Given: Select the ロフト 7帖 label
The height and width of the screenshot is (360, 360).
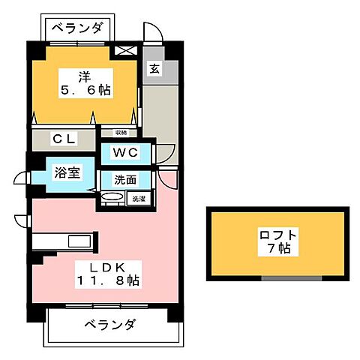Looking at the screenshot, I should (277, 241).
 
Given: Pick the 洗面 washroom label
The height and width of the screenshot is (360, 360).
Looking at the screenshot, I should (124, 180).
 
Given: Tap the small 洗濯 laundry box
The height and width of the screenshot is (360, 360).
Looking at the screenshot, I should (139, 199).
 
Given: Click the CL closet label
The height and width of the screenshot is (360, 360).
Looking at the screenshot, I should (64, 138).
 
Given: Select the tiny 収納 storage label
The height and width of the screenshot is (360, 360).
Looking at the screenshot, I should (121, 133).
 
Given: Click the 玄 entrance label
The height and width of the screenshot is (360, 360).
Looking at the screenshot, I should (154, 70).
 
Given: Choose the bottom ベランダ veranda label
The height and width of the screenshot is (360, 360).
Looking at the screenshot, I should (109, 325).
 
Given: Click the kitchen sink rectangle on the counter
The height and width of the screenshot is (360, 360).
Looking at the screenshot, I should (79, 241).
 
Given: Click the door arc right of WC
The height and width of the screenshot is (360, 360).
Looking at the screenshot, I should (166, 154).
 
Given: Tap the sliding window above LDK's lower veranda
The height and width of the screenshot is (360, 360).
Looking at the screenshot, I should (105, 306).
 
